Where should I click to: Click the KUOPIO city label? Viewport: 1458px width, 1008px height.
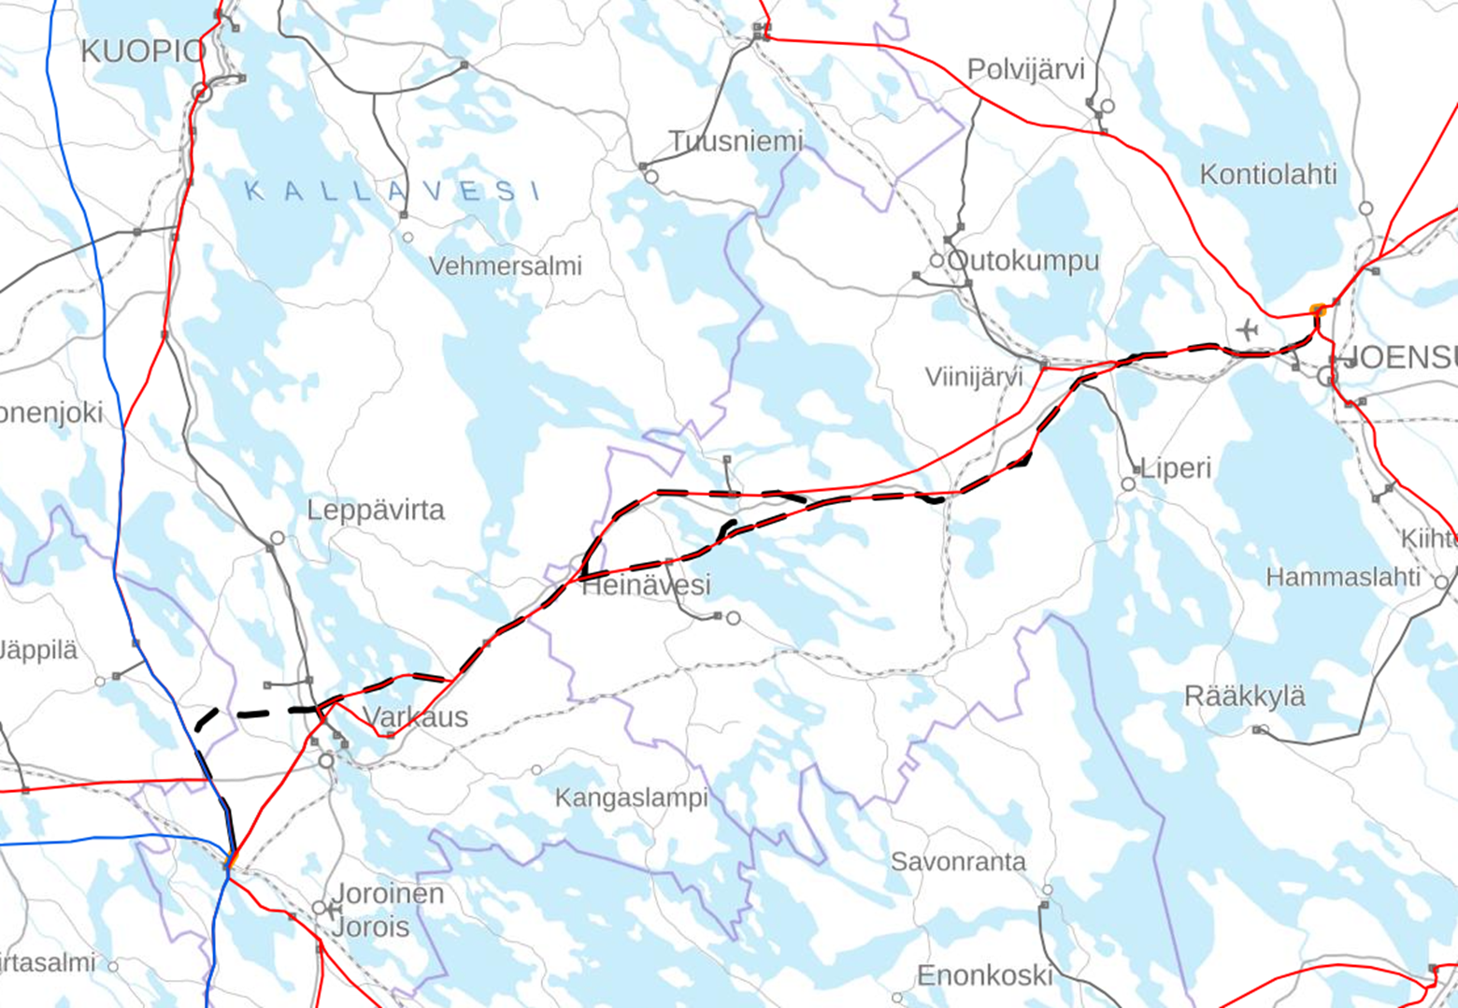pos(141,52)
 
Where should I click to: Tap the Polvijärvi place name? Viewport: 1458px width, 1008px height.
pos(1025,70)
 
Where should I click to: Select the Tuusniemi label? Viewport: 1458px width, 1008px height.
pos(736,141)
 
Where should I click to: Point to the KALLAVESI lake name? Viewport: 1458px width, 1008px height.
pos(392,192)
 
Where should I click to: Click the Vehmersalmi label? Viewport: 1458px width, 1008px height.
pos(505,266)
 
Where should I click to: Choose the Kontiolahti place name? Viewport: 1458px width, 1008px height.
pos(1267,175)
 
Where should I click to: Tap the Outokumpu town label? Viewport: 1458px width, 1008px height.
pos(1023,261)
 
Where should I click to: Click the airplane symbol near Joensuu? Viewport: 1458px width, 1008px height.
pos(1247,330)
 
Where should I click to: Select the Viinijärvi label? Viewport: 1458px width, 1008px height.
pos(973,377)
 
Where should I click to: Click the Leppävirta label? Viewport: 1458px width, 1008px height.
pos(376,511)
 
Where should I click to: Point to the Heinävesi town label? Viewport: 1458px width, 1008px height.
pos(646,586)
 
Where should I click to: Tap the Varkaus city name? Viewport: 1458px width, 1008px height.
pos(415,717)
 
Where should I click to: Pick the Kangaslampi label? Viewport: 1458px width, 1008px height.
pos(631,799)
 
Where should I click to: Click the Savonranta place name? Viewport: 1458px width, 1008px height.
pos(958,862)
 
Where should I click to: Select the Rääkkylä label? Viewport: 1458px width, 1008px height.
pos(1244,697)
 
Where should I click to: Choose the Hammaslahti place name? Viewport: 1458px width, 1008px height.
pos(1342,578)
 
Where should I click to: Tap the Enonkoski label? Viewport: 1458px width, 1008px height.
pos(984,976)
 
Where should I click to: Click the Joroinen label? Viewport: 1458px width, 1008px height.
pos(388,894)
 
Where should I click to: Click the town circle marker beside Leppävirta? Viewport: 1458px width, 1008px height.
pos(278,539)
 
